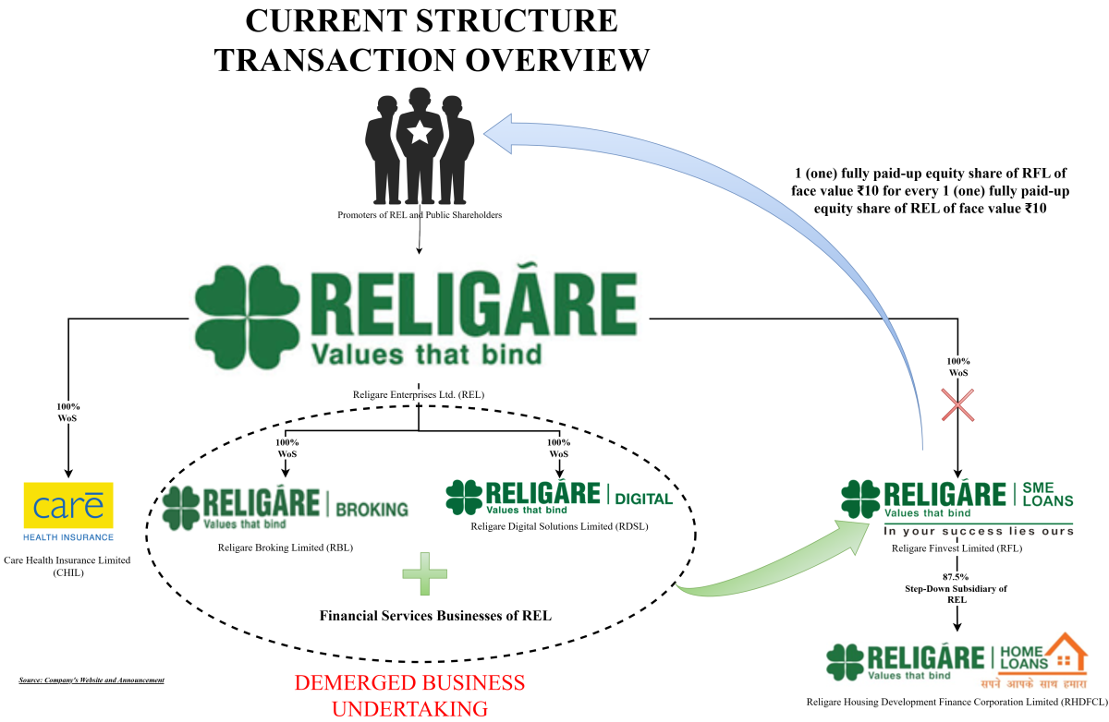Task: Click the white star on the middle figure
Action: click(x=420, y=133)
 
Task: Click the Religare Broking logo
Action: click(x=285, y=507)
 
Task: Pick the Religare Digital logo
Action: click(x=558, y=498)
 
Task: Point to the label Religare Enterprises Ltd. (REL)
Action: click(x=419, y=394)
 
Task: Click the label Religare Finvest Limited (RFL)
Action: click(x=957, y=548)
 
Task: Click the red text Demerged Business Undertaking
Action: click(x=409, y=695)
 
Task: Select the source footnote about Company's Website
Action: click(x=91, y=680)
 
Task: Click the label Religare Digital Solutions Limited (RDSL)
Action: click(x=559, y=527)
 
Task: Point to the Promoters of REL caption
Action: click(x=420, y=215)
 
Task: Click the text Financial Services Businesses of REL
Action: click(x=435, y=615)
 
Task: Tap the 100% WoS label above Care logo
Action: click(x=67, y=410)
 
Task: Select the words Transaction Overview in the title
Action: click(x=432, y=59)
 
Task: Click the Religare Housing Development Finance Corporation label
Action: click(x=957, y=703)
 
